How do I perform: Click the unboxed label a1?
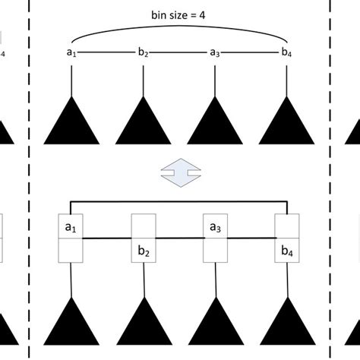71,52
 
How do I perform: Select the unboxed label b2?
144,52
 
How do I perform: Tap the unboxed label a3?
215,52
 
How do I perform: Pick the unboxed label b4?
286,52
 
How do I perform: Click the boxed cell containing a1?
71,226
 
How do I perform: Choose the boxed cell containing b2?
144,250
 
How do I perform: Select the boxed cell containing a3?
215,226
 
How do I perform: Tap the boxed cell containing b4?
286,250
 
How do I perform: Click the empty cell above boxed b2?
144,226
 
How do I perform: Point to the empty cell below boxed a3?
215,250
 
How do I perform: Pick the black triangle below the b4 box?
286,324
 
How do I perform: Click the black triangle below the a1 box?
71,324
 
